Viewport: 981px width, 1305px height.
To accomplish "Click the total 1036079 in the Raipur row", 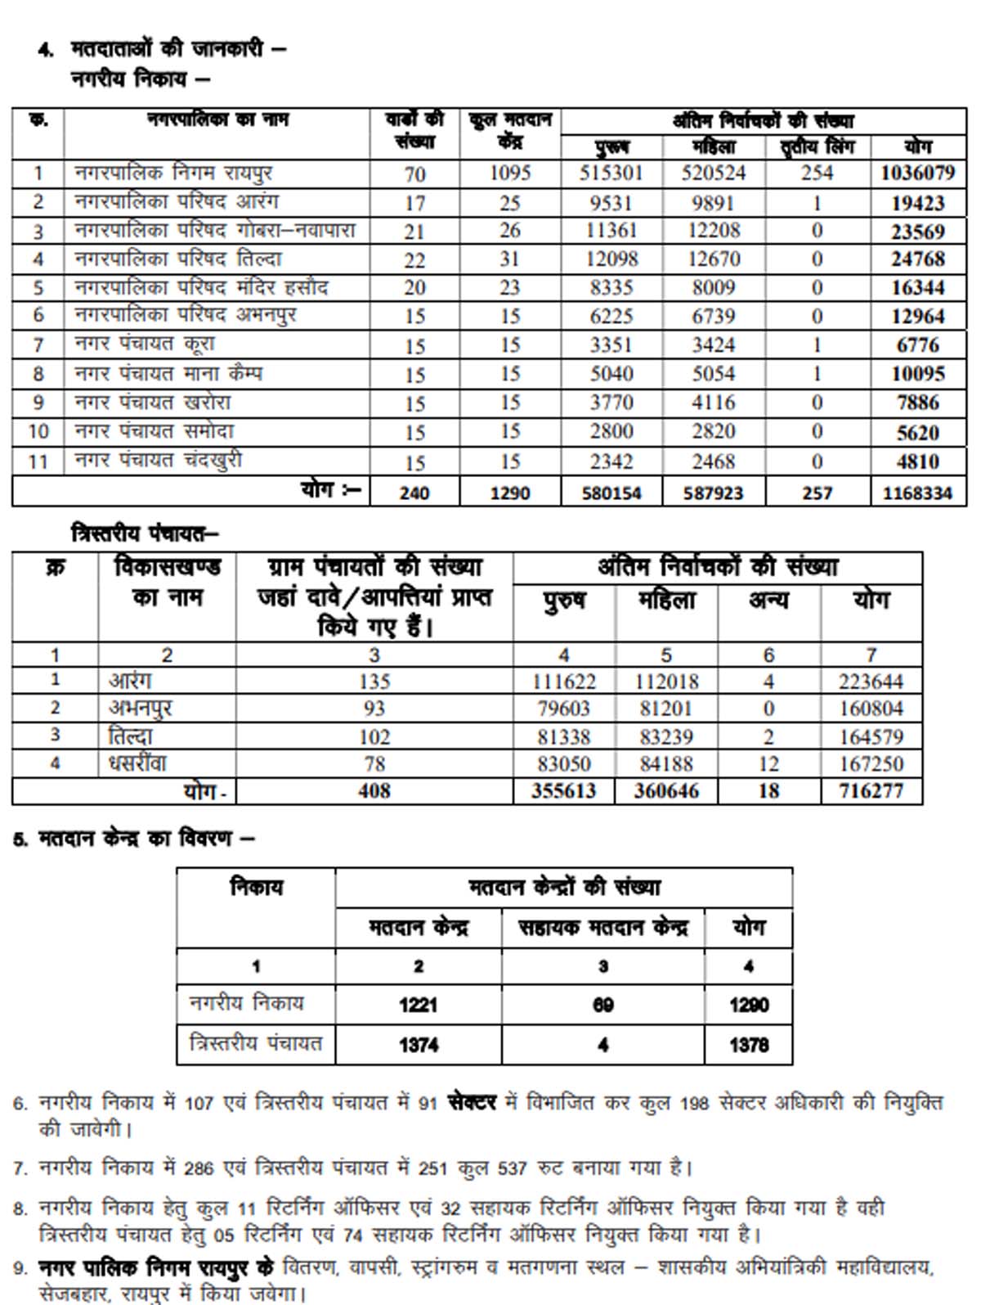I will (x=917, y=173).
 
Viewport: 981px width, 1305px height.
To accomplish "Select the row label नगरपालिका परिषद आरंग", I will (x=177, y=201).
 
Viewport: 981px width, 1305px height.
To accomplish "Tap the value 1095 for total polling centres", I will (x=510, y=173).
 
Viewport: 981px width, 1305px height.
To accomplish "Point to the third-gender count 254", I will (x=817, y=173).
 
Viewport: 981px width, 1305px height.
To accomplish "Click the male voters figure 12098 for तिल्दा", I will (x=611, y=259).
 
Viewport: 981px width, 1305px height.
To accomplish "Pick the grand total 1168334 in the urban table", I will (x=917, y=493).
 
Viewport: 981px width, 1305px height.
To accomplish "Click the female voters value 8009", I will (x=713, y=288).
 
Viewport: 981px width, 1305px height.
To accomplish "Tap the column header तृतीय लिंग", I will (x=817, y=147).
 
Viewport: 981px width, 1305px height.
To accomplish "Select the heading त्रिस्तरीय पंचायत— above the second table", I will (x=145, y=534).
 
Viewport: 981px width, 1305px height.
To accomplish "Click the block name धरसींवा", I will (x=137, y=763).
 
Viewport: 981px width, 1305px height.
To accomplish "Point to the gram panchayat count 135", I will (x=374, y=681).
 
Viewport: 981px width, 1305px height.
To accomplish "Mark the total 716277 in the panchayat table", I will (x=871, y=791).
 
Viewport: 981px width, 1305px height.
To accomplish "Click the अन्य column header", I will (x=768, y=600).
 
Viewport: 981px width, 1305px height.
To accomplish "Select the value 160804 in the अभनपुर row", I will (x=871, y=709).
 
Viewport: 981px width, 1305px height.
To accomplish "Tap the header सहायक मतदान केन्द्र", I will (x=602, y=928).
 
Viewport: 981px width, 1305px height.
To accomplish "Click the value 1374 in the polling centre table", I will (x=419, y=1045).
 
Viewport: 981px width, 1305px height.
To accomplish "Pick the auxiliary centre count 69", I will (x=602, y=1005).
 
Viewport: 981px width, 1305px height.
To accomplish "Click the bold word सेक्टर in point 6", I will (x=472, y=1103).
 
